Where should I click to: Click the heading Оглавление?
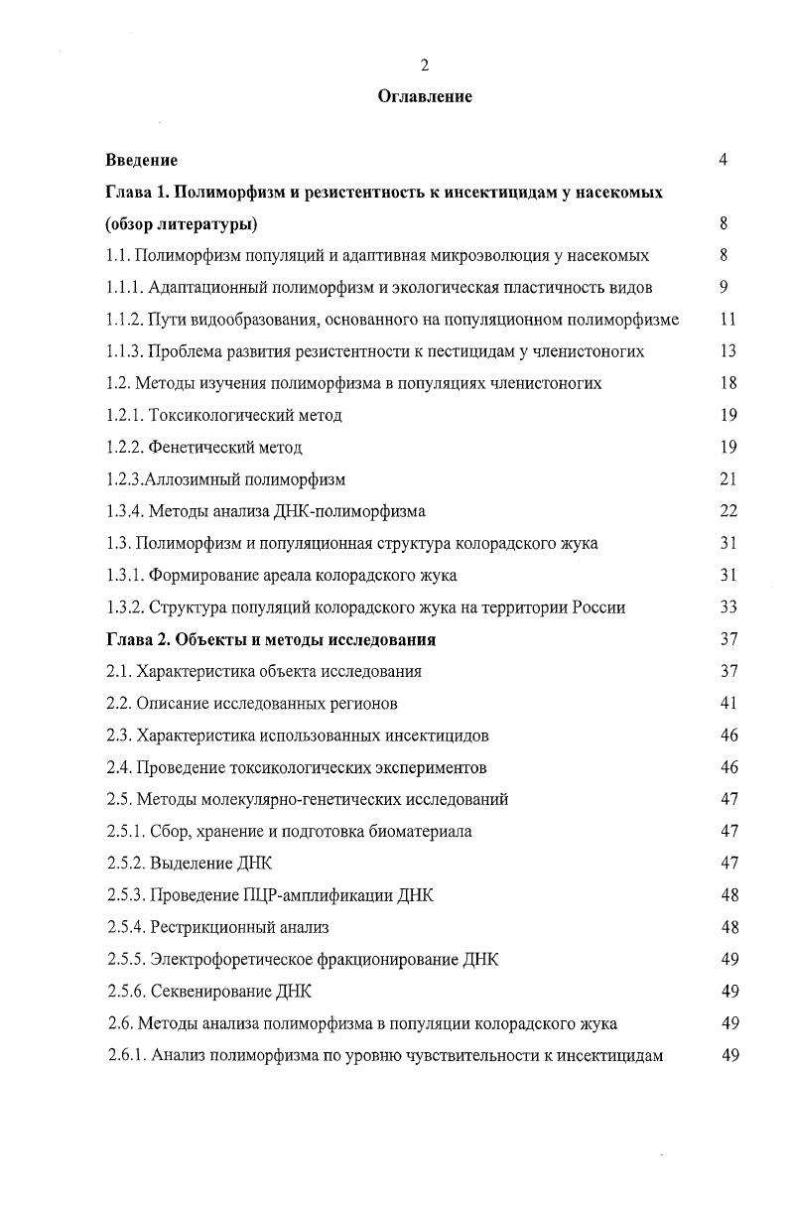coord(425,96)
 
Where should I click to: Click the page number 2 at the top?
coord(424,66)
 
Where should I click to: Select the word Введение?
coord(142,160)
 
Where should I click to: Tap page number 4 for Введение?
coord(724,160)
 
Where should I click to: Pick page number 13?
coord(728,351)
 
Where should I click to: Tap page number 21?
coord(728,479)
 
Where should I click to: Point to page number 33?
coord(728,607)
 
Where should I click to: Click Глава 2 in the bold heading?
coord(136,639)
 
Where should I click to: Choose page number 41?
coord(728,704)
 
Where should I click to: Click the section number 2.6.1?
coord(126,1055)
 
